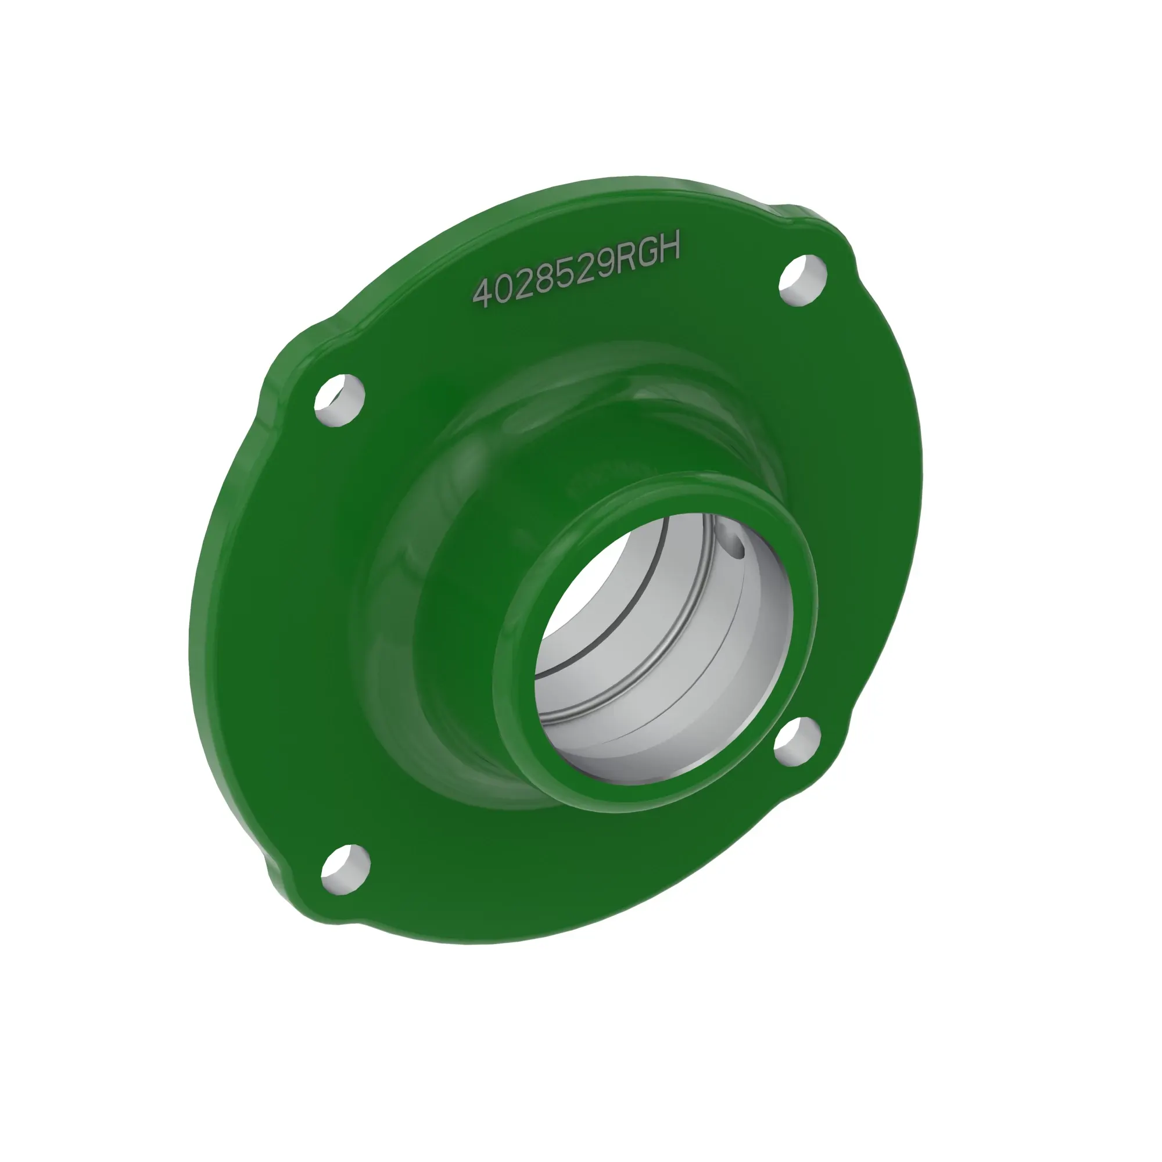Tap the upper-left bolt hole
tap(339, 400)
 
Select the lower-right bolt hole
tap(797, 738)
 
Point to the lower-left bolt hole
tap(345, 869)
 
